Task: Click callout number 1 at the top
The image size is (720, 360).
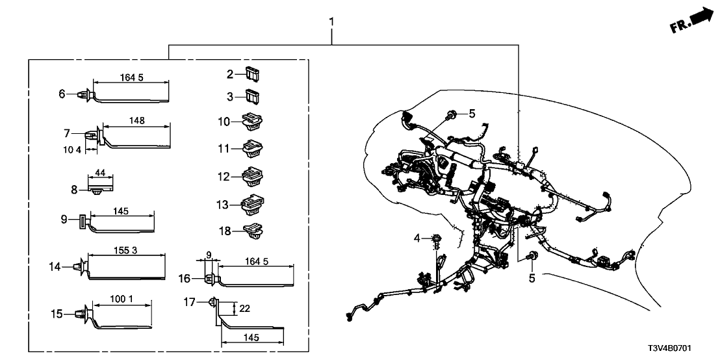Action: pos(331,22)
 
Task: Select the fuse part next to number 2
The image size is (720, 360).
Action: pos(252,73)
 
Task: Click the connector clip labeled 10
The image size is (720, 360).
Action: pos(251,122)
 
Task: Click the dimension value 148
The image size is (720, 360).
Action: pos(136,120)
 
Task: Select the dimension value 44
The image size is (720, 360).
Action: pos(100,174)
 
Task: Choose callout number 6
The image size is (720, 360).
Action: pos(63,94)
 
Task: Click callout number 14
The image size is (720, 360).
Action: pos(55,266)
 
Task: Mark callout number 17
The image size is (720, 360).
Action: pos(190,302)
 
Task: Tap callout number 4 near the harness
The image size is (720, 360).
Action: pos(418,237)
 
